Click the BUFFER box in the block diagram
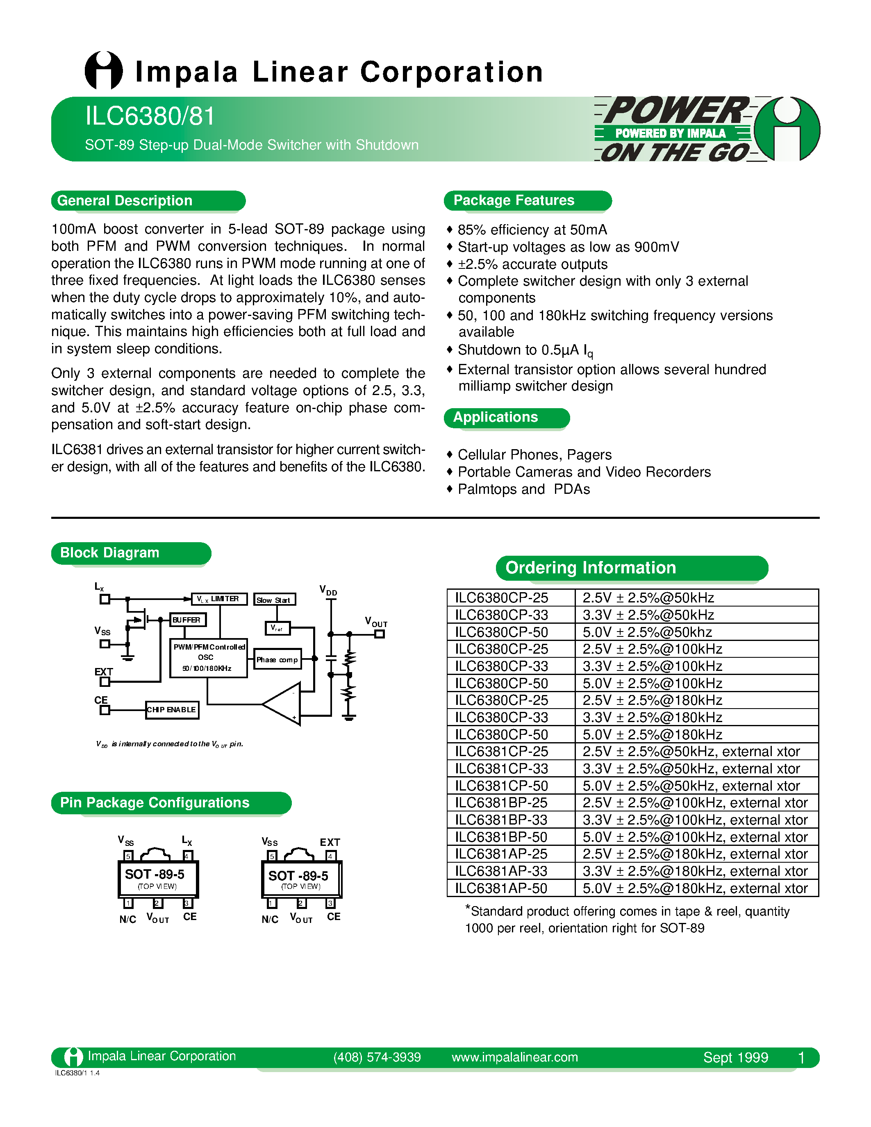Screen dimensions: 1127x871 point(188,620)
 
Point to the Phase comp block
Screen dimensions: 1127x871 point(277,659)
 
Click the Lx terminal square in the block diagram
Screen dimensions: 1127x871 point(105,599)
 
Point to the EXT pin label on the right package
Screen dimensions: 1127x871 point(330,842)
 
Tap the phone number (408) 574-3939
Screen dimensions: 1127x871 point(377,1057)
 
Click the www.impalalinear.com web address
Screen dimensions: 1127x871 point(514,1057)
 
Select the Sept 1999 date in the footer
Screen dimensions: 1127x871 point(735,1057)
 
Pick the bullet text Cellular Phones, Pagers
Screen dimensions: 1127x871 point(534,454)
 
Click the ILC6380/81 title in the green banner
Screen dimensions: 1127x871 point(150,116)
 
